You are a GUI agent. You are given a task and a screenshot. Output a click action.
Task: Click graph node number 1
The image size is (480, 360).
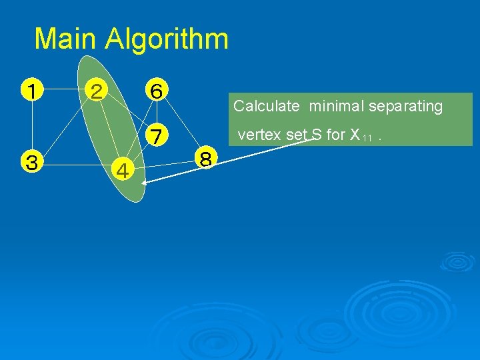point(31,89)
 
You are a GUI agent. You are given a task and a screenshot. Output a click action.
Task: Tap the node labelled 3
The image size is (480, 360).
point(31,162)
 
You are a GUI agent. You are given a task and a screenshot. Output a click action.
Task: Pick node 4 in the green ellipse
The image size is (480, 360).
point(123,171)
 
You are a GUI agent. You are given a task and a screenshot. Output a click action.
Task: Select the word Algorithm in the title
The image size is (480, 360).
point(167,39)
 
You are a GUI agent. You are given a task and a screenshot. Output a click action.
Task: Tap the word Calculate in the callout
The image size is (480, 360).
point(266,106)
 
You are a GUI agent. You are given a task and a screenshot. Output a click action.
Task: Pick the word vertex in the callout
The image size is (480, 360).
point(257,135)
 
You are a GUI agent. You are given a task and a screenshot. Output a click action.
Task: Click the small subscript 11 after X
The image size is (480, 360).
point(367,138)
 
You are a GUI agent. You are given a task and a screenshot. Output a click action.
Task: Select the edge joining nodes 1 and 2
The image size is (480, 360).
point(63,89)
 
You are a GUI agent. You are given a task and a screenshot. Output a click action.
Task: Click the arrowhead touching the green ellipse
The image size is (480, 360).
point(146,182)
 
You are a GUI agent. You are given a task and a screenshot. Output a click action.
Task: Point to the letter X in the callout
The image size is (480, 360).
point(355,135)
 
